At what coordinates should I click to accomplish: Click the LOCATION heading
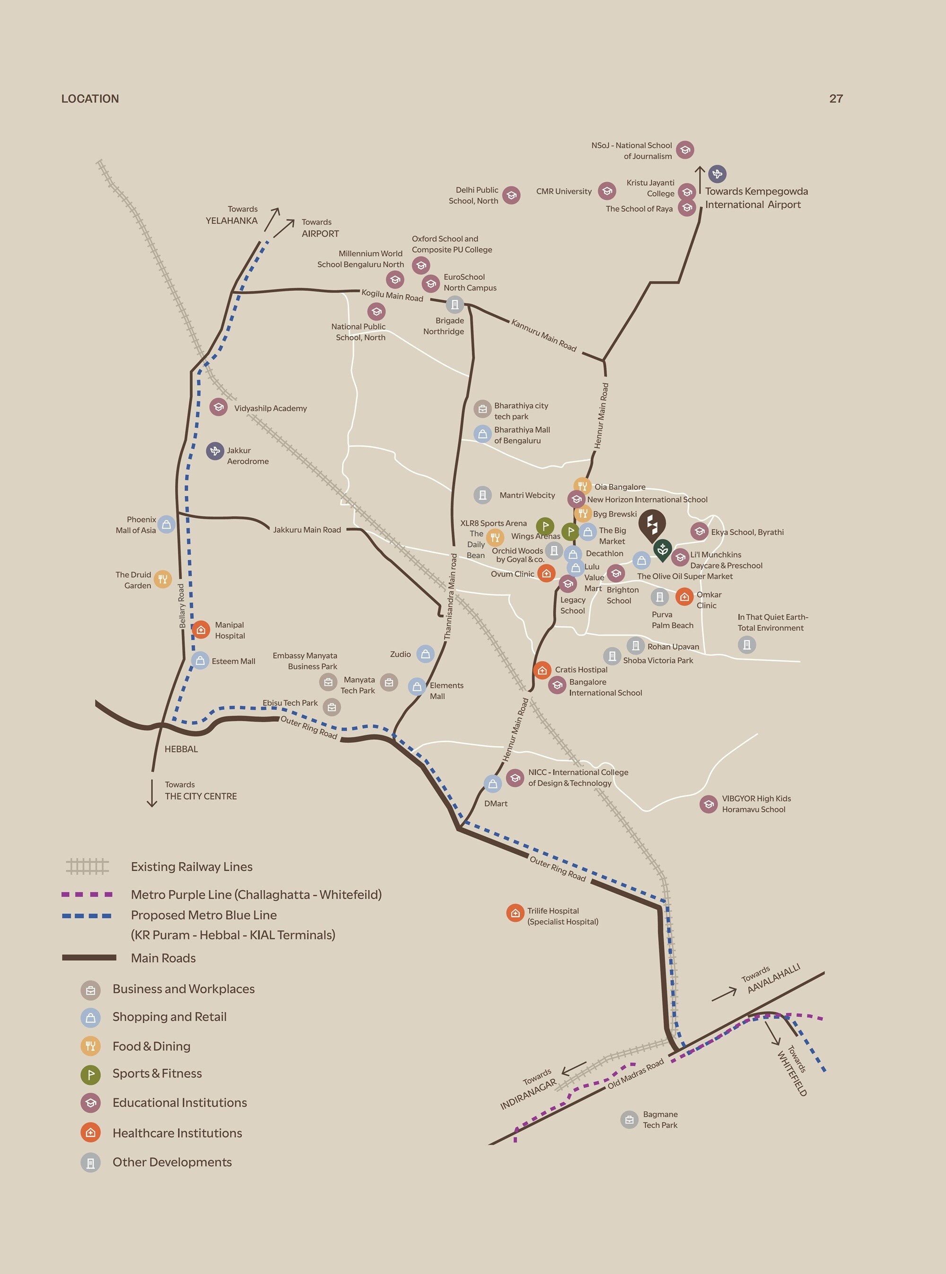(90, 98)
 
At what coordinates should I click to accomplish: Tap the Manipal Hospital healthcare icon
(201, 630)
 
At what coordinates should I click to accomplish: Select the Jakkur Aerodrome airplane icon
(215, 451)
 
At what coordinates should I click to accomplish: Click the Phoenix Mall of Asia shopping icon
(166, 524)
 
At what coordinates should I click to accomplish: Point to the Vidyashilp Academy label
(270, 408)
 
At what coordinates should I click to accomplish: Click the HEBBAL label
(181, 749)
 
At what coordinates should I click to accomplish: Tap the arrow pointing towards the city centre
(152, 793)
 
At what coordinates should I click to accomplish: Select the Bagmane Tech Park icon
(629, 1119)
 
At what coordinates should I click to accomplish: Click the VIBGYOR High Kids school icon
(709, 804)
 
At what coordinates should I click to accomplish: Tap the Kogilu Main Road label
(392, 295)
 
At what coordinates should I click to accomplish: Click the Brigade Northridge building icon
(455, 304)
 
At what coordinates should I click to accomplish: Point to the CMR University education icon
(607, 191)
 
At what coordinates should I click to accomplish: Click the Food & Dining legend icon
(90, 1046)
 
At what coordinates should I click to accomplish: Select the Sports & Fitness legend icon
(90, 1075)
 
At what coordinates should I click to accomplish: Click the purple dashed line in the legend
(87, 894)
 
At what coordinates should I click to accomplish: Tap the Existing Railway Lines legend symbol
(87, 866)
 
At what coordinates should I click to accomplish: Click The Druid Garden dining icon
(163, 579)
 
